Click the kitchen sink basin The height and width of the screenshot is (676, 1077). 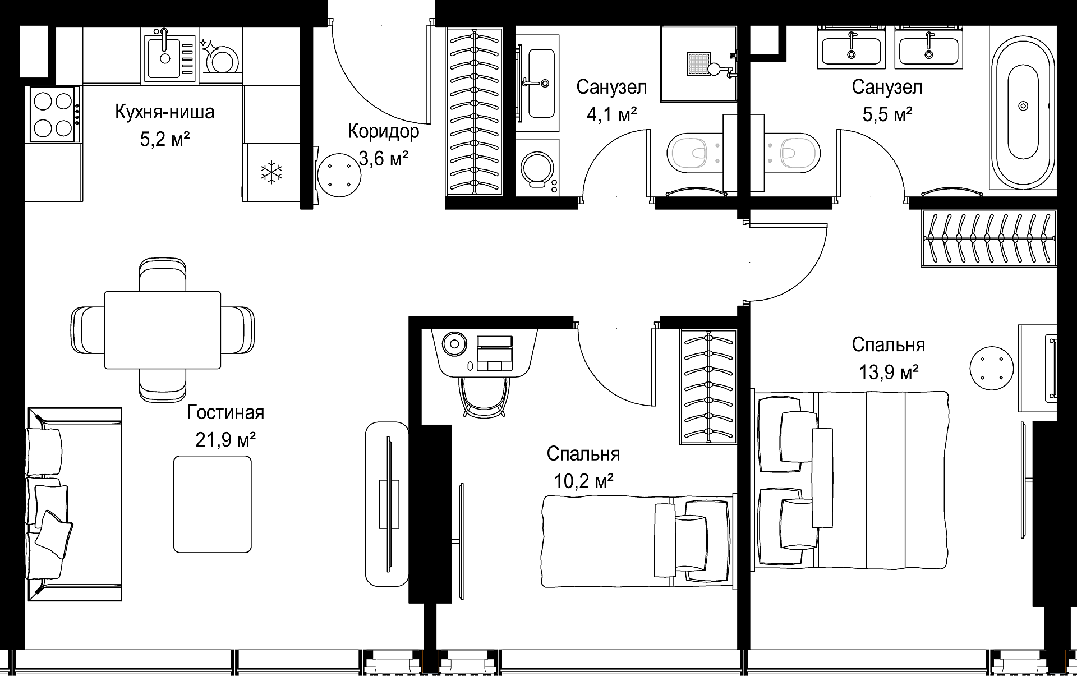(163, 56)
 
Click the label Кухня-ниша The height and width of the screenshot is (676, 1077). (164, 112)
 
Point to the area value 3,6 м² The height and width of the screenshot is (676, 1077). (383, 159)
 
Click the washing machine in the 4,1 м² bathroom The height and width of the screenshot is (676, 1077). (537, 167)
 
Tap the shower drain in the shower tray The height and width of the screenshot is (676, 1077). (698, 63)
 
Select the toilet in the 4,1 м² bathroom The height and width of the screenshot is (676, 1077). (694, 153)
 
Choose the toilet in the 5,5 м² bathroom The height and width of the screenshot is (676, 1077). (791, 151)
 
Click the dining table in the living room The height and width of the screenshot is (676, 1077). (163, 330)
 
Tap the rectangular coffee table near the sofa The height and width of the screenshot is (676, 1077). (213, 504)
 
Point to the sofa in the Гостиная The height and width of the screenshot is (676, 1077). (74, 504)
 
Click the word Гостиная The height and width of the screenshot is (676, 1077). (225, 413)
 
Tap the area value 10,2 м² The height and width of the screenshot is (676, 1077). (583, 481)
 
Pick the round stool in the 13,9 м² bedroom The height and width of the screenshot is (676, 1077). (992, 368)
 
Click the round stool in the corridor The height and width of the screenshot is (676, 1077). (339, 175)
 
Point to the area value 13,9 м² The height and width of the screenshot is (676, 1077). (889, 371)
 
